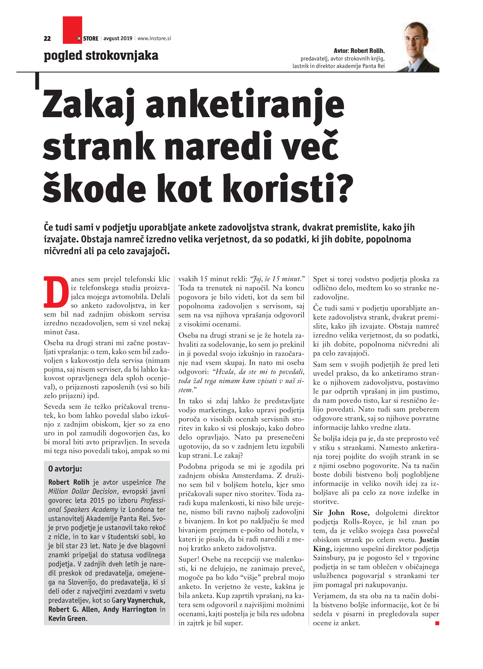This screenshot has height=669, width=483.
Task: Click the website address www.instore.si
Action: tap(154, 38)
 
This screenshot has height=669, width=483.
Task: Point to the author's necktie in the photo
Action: tap(411, 68)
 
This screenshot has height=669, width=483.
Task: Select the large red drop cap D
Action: tap(54, 292)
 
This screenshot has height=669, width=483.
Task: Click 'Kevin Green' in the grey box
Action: tap(67, 619)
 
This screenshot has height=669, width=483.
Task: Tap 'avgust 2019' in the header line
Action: tap(118, 38)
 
